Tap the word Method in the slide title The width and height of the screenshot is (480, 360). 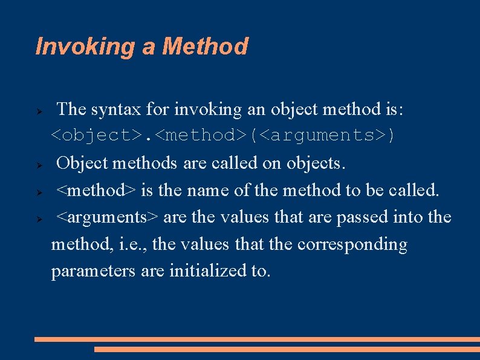coord(205,46)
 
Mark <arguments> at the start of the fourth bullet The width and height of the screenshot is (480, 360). coord(108,217)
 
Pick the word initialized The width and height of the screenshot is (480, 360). coord(207,270)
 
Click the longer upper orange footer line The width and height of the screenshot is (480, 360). coord(257,339)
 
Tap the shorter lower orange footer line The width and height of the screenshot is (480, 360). coord(287,349)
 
